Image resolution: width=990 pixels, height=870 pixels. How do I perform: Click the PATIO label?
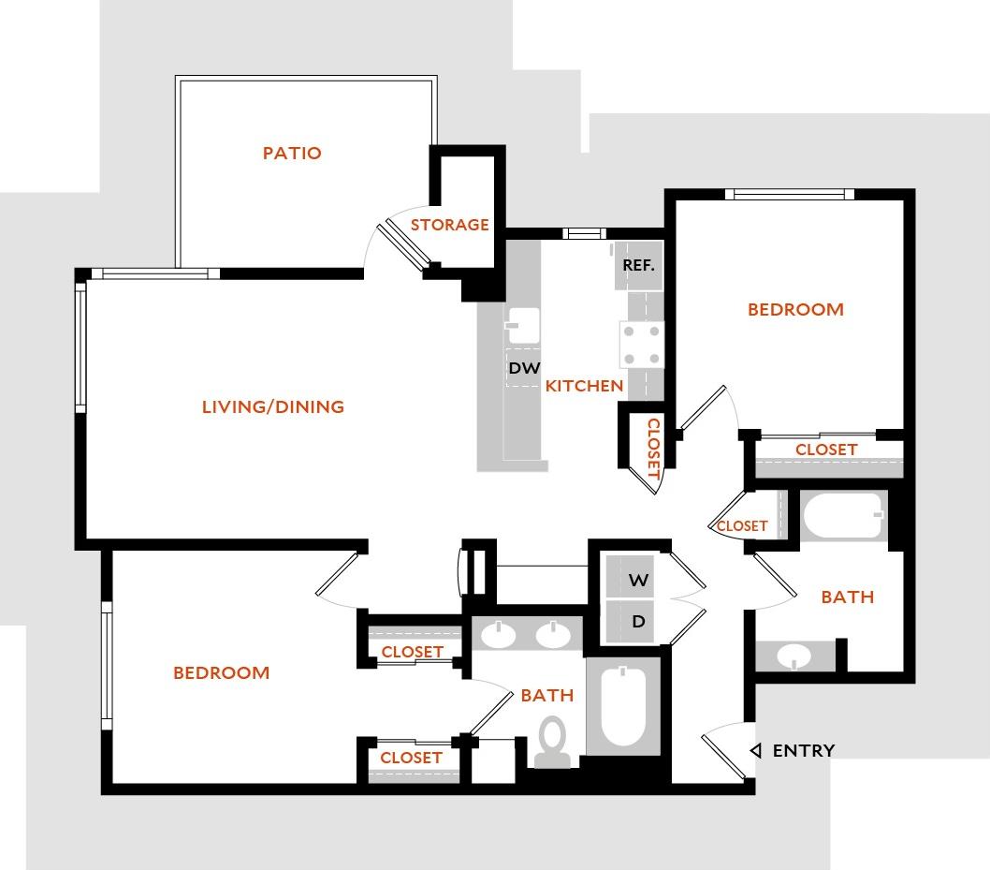292,153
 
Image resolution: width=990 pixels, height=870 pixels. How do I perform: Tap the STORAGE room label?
450,225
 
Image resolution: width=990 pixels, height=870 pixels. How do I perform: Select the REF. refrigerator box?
638,265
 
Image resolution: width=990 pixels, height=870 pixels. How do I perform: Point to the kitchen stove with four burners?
641,345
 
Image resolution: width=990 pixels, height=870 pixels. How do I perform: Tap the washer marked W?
638,580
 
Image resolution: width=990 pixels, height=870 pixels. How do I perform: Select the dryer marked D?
638,622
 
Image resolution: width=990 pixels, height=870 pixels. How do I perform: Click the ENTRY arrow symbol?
756,750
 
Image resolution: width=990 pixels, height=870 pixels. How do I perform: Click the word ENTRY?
804,750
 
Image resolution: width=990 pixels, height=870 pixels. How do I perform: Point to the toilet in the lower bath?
553,742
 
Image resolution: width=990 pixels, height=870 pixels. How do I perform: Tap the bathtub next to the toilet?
622,706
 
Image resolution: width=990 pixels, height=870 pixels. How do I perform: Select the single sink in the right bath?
795,656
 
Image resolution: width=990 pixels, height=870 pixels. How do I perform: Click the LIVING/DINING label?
273,406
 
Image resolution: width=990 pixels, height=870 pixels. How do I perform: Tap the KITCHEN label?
584,385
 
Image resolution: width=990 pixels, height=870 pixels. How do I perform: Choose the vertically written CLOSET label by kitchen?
653,449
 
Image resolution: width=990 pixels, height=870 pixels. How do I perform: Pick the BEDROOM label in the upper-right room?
795,309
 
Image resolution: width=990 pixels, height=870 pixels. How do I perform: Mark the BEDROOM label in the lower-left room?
221,672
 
